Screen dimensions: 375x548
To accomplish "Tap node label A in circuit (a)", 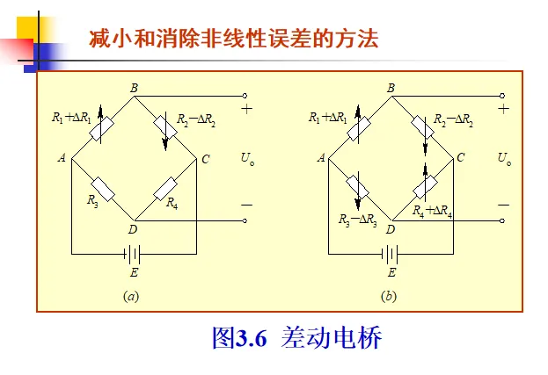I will [62, 158].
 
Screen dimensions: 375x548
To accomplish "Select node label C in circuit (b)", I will [460, 158].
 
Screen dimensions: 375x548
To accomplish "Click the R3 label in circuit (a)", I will [92, 201].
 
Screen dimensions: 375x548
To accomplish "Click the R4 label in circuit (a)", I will [172, 204].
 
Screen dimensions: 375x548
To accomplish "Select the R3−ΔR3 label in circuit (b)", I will [358, 220].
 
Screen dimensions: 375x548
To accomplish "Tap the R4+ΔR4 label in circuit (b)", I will [432, 211].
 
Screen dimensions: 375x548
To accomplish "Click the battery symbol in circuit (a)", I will [134, 254].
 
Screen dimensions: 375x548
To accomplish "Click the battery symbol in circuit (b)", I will [391, 254].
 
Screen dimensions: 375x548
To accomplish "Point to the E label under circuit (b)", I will [391, 273].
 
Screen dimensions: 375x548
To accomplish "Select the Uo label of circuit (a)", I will [247, 159].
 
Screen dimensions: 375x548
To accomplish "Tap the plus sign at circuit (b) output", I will [503, 109].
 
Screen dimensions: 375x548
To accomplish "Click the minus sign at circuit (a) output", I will [246, 205].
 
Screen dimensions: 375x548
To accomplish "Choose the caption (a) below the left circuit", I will [131, 296].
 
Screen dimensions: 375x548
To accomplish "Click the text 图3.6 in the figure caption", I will [239, 338].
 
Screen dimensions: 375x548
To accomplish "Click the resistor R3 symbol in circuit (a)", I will [104, 188].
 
